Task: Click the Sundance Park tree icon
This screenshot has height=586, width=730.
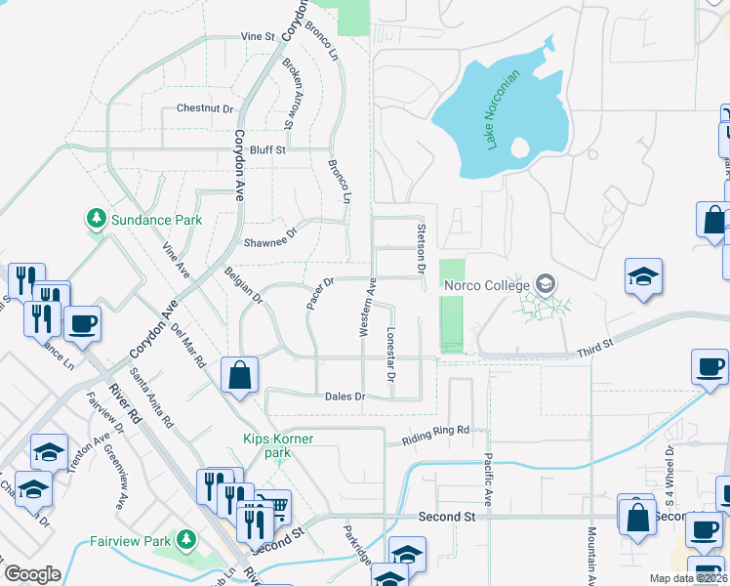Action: point(96,220)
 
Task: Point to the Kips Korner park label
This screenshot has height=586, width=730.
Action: point(279,445)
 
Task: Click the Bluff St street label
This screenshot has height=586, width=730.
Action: point(267,150)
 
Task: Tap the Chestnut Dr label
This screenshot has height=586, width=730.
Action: point(205,108)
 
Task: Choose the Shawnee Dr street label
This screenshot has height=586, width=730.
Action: point(269,242)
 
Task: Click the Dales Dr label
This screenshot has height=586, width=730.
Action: point(345,397)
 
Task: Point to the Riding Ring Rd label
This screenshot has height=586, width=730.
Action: point(437,430)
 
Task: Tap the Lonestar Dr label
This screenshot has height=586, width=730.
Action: point(390,354)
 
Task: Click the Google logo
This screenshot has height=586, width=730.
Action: point(32,573)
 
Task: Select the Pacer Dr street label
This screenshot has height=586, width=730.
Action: point(320,293)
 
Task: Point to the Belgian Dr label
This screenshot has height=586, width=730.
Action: point(244,286)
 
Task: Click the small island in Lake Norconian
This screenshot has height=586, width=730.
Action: point(520,147)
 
